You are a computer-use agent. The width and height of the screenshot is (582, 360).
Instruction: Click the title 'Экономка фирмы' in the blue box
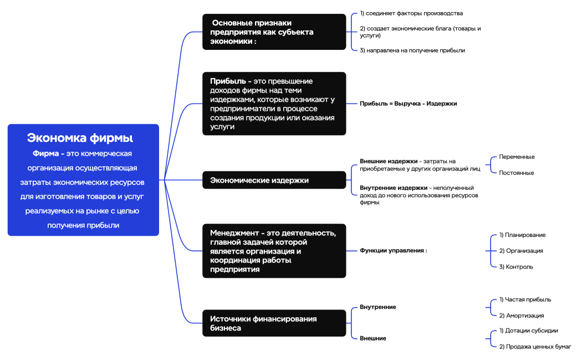[x=80, y=138]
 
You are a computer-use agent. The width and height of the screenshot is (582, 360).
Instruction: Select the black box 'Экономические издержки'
[x=274, y=180]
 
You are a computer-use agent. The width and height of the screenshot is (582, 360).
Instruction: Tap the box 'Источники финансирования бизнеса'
[x=274, y=323]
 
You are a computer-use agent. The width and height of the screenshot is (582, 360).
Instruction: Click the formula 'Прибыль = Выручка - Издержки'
[x=408, y=104]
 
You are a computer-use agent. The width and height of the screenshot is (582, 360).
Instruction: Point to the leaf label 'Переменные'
[x=517, y=157]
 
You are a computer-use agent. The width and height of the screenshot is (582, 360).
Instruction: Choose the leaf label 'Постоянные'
[x=517, y=173]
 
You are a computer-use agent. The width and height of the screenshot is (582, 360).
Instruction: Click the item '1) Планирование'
[x=522, y=235]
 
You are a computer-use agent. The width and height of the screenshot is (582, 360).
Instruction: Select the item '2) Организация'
[x=521, y=250]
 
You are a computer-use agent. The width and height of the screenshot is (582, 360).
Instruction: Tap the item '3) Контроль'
[x=516, y=266]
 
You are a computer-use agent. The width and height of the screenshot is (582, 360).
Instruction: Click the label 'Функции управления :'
[x=394, y=250]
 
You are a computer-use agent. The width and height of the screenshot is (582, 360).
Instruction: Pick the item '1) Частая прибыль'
[x=525, y=300]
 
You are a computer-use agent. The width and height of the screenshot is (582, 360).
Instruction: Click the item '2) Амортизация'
[x=521, y=316]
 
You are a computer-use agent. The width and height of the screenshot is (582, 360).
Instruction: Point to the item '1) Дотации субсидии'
[x=528, y=331]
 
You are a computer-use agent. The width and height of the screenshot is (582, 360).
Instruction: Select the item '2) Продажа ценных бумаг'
[x=535, y=347]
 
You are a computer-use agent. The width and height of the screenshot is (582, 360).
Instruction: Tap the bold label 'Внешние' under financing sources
[x=373, y=338]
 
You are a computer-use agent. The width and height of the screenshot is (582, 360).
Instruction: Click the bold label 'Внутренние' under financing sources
[x=378, y=307]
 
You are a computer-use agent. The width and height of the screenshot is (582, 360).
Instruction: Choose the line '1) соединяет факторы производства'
[x=411, y=13]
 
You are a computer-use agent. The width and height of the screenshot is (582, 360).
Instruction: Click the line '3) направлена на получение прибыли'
[x=412, y=50]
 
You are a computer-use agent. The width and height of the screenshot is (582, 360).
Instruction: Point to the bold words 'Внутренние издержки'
[x=394, y=188]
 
